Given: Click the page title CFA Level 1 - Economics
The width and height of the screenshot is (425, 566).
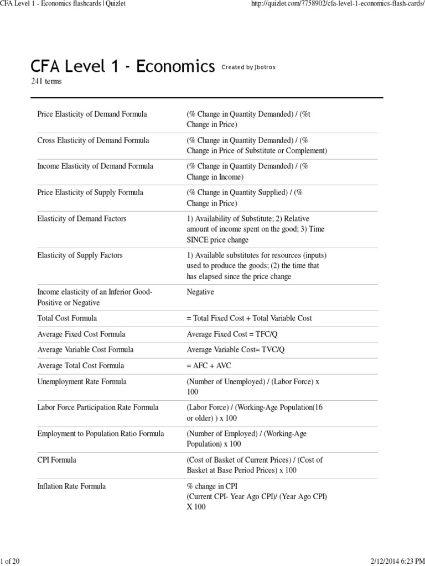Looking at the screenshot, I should click(122, 67).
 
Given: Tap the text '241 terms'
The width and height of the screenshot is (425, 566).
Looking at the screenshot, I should click(46, 82).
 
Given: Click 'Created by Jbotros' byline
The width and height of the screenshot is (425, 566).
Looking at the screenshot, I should click(248, 67).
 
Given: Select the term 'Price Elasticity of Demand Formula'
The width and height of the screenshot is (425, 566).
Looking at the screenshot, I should click(92, 114).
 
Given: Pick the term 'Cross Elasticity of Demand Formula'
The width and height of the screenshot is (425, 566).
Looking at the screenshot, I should click(93, 140).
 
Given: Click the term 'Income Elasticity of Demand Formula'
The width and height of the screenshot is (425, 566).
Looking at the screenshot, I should click(95, 166).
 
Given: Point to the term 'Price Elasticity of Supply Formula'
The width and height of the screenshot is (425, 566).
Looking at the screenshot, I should click(90, 192).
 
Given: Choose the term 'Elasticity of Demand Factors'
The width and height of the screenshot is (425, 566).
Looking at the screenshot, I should click(81, 219).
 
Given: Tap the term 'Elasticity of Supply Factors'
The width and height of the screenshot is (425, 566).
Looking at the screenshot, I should click(80, 255).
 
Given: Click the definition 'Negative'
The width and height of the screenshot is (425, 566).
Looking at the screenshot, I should click(200, 292).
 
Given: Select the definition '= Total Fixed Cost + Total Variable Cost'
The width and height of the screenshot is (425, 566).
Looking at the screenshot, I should click(250, 318).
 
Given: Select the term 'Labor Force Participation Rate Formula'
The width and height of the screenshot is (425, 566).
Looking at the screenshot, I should click(98, 407).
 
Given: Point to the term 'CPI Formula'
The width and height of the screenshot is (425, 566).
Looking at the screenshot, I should click(57, 460).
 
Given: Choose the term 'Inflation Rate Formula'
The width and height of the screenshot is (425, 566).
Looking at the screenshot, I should click(71, 486).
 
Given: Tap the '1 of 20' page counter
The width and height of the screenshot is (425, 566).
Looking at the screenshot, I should click(11, 560).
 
